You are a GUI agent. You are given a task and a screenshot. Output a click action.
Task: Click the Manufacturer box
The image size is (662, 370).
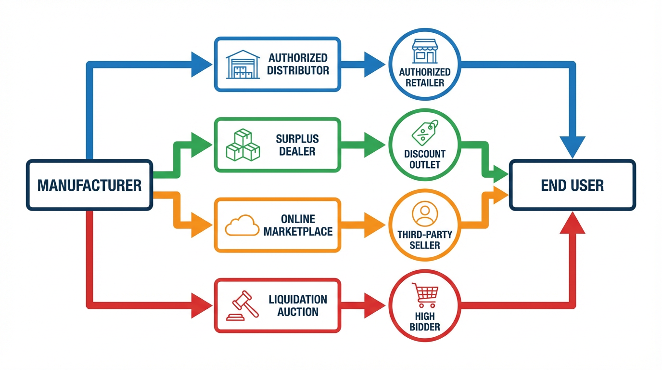89,185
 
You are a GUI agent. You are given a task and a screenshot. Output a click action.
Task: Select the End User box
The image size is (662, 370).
572,185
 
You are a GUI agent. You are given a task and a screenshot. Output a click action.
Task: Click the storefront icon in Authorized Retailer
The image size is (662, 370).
424,52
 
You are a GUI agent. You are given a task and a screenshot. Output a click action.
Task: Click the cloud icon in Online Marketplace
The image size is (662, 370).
242,225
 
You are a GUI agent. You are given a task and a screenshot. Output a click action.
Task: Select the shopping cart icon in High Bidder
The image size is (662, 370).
424,295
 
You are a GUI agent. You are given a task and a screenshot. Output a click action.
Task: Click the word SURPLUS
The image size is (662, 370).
297,139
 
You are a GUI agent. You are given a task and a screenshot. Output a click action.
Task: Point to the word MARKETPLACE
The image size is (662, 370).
298,231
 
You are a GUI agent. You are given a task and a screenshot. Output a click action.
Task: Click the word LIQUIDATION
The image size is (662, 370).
298,299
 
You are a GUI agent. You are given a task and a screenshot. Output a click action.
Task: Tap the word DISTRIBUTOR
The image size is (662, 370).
298,70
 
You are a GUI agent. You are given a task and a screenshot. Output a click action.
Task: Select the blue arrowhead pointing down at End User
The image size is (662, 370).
573,146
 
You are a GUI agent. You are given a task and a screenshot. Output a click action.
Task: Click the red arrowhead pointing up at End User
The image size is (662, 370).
573,224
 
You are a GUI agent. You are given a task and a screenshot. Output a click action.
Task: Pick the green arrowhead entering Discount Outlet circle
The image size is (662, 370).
374,145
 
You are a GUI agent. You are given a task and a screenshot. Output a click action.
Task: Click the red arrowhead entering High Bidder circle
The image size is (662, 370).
374,305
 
